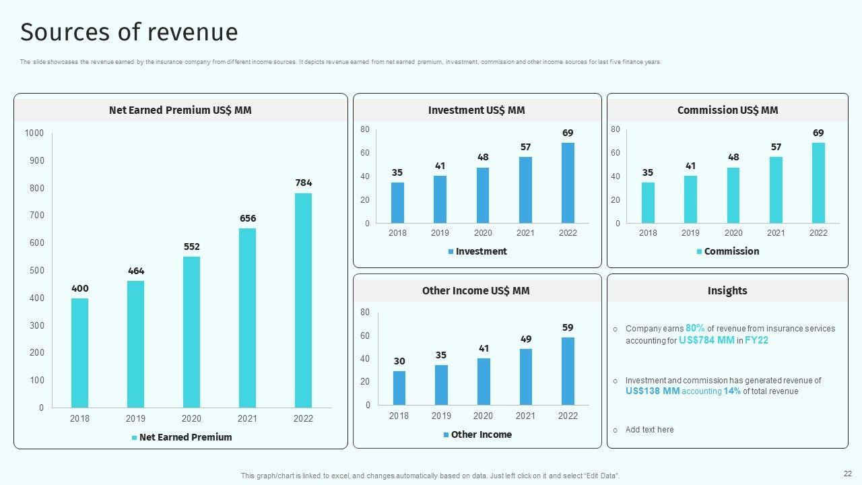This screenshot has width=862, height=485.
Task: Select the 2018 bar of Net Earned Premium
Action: pyautogui.click(x=79, y=353)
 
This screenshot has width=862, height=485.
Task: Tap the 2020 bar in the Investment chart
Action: pyautogui.click(x=483, y=195)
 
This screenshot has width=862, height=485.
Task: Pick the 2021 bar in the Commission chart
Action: pyautogui.click(x=776, y=190)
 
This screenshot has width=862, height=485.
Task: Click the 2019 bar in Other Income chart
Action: pyautogui.click(x=441, y=385)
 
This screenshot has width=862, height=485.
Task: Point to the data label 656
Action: pyautogui.click(x=247, y=218)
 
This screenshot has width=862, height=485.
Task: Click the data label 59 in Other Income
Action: pyautogui.click(x=568, y=327)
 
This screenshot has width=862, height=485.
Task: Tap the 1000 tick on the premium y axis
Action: pyautogui.click(x=34, y=133)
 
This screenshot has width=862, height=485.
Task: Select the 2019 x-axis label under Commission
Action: pyautogui.click(x=690, y=233)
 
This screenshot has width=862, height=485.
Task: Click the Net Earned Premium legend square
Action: pyautogui.click(x=134, y=438)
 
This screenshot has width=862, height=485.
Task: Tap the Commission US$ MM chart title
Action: pyautogui.click(x=727, y=110)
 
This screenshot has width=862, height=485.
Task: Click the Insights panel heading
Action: pyautogui.click(x=727, y=290)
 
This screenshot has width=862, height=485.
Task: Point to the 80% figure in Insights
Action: pyautogui.click(x=695, y=328)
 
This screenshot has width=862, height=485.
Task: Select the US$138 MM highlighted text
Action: pyautogui.click(x=652, y=391)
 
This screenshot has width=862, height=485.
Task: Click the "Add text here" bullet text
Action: pyautogui.click(x=649, y=430)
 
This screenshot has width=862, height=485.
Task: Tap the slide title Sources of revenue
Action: pyautogui.click(x=129, y=32)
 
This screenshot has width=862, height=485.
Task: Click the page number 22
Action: pyautogui.click(x=847, y=474)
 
